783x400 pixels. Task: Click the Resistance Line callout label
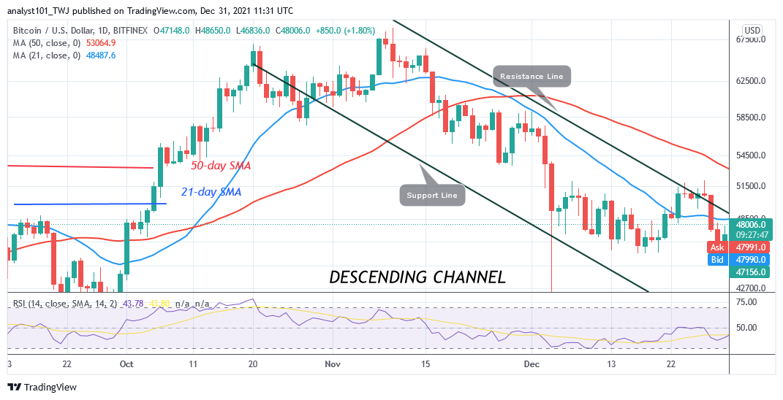click(532, 76)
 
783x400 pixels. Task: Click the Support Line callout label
click(432, 195)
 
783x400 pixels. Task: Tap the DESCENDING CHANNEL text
click(417, 277)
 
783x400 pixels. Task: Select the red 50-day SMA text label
click(221, 166)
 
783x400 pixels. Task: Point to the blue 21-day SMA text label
click(211, 192)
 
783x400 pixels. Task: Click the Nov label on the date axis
click(333, 364)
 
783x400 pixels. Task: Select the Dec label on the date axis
click(532, 364)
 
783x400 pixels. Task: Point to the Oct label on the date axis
click(126, 364)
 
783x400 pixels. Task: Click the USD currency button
click(752, 31)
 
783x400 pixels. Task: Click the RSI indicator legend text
click(69, 303)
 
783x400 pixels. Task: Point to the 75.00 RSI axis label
click(746, 301)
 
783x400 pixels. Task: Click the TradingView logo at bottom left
click(42, 388)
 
